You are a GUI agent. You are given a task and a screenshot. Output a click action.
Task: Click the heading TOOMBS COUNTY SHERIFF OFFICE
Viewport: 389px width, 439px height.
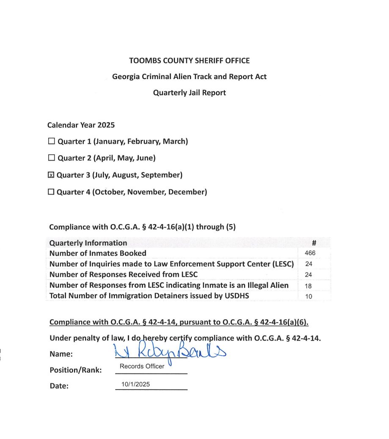(x=189, y=60)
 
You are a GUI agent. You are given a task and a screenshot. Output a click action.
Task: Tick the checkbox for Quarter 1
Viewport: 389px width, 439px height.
(x=52, y=141)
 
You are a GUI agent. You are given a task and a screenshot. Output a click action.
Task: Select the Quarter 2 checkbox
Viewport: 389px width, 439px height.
(x=52, y=158)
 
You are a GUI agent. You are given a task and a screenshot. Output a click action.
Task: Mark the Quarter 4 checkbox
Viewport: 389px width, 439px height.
(x=51, y=192)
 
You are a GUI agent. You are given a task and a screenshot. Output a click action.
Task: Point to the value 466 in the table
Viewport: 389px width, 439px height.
(x=310, y=253)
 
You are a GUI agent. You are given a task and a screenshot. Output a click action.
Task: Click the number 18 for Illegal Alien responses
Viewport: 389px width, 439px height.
(x=309, y=286)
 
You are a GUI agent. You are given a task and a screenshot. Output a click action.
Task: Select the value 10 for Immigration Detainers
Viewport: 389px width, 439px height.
(x=309, y=296)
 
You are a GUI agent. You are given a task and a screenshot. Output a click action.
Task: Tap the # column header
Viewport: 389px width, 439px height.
(x=314, y=243)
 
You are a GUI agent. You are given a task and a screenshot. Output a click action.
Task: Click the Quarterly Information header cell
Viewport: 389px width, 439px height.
(x=88, y=243)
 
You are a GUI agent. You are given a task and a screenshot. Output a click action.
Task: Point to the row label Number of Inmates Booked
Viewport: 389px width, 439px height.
(x=98, y=253)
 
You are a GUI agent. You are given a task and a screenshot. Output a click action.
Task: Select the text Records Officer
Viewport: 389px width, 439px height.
(x=142, y=366)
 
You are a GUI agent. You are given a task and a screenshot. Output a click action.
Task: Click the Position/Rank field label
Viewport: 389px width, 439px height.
(x=76, y=370)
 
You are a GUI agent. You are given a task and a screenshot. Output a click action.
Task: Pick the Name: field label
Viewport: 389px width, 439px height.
(x=61, y=354)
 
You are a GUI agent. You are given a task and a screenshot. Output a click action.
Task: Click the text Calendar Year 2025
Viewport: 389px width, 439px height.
(x=81, y=125)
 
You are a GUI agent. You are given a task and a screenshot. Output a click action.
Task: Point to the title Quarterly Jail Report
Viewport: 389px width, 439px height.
(x=189, y=93)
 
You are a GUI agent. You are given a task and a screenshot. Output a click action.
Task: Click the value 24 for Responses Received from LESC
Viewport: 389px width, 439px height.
(x=309, y=275)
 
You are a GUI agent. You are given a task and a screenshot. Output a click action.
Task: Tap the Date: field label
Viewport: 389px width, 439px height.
(x=59, y=386)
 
